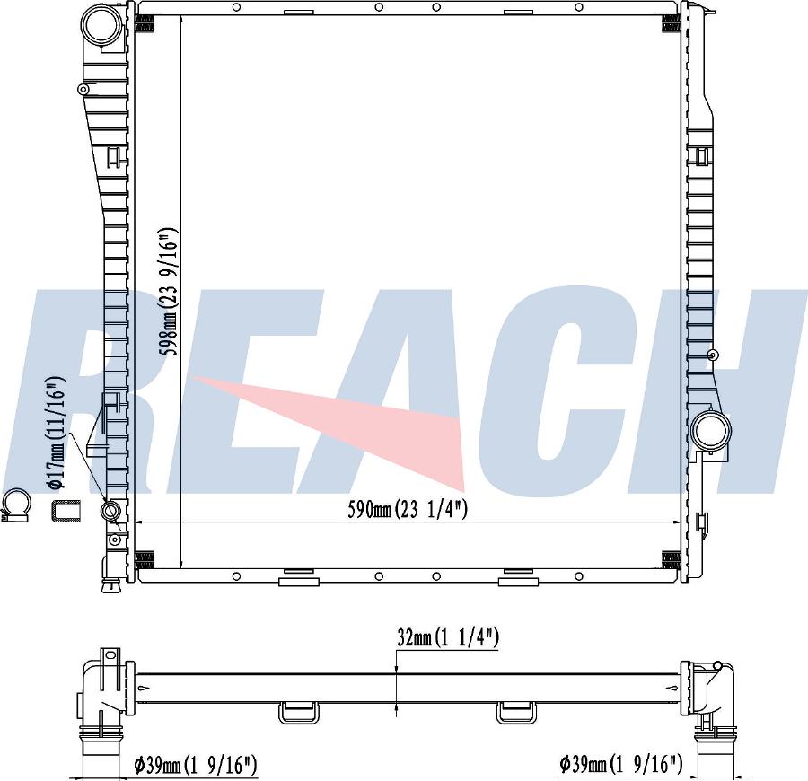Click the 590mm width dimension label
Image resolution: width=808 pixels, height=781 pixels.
click(407, 510)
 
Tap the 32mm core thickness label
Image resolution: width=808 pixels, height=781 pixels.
click(448, 637)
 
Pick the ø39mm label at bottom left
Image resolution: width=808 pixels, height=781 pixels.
click(195, 765)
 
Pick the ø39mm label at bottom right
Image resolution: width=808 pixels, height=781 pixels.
click(621, 764)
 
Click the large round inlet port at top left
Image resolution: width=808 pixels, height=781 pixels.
click(103, 26)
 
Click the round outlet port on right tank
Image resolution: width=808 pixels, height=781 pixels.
click(712, 431)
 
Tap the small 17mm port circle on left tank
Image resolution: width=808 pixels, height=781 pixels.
click(111, 511)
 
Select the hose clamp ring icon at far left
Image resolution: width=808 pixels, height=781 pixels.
click(15, 505)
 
